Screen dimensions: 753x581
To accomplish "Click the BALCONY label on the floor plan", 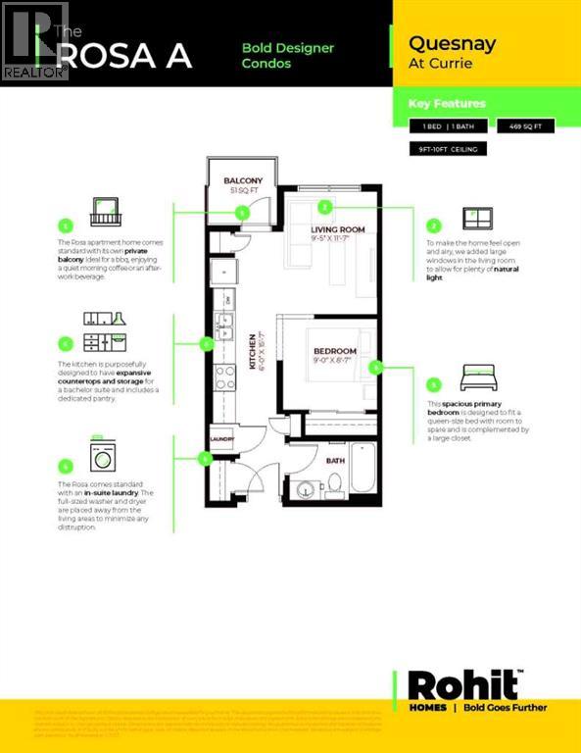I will pyautogui.click(x=242, y=181).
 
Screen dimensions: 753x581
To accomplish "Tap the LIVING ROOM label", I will pyautogui.click(x=337, y=229).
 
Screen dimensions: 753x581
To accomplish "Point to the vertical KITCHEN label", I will pyautogui.click(x=252, y=350).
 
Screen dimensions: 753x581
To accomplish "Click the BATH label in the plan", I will pyautogui.click(x=336, y=460).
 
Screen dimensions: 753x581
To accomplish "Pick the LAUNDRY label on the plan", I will pyautogui.click(x=221, y=438).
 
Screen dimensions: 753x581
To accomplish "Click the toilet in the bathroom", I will pyautogui.click(x=333, y=482).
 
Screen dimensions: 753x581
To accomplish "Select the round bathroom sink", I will pyautogui.click(x=306, y=489).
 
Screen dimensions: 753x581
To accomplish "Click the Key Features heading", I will pyautogui.click(x=447, y=103).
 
